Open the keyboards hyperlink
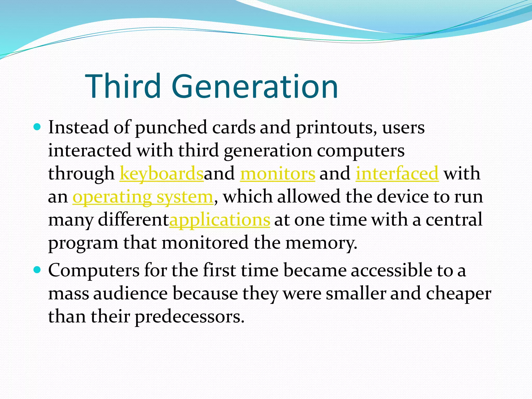tap(161, 174)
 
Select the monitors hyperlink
tap(278, 174)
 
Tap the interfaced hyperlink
tap(397, 174)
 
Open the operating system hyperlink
tap(143, 197)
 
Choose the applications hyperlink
tap(220, 220)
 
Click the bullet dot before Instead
tap(37, 127)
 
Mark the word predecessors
tap(190, 317)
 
